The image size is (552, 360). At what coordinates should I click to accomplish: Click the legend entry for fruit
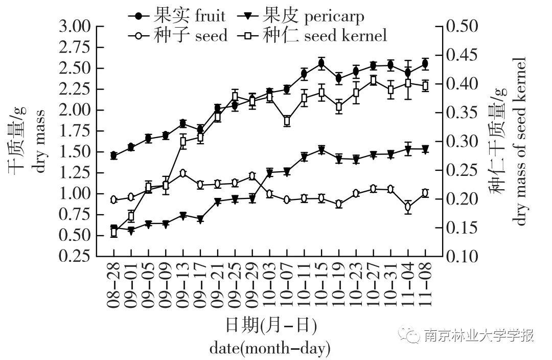pos(177,16)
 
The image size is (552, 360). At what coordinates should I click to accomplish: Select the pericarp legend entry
pos(301,16)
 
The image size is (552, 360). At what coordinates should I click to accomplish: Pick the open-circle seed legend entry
pos(177,35)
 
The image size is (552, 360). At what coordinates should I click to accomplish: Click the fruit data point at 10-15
pos(321,63)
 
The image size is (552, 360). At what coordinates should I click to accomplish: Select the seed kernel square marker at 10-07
pos(287,121)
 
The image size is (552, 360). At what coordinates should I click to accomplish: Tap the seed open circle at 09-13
pos(183,173)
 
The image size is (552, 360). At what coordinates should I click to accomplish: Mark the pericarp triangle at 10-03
pos(270,173)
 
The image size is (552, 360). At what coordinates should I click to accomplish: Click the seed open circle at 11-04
pos(408,207)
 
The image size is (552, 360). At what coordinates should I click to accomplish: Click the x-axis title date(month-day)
pos(270,349)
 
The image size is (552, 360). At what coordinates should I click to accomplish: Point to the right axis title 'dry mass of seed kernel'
pos(520,141)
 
